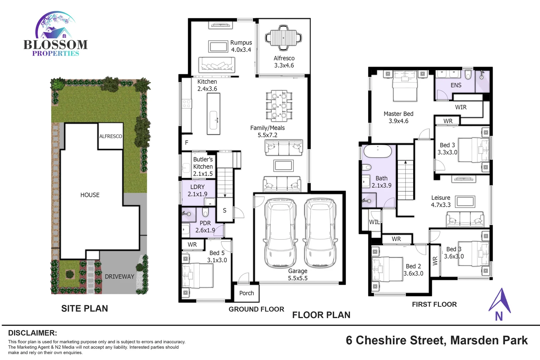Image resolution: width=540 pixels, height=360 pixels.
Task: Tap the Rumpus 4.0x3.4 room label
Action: pyautogui.click(x=241, y=46)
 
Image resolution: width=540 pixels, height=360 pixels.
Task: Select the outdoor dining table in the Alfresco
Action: pyautogui.click(x=283, y=37)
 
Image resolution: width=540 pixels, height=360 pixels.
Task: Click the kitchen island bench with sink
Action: pyautogui.click(x=213, y=114)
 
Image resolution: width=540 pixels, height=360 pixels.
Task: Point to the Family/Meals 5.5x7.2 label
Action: pyautogui.click(x=267, y=131)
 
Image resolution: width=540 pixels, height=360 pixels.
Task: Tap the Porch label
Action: pyautogui.click(x=246, y=293)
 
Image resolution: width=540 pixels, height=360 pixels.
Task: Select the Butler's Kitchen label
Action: pyautogui.click(x=203, y=166)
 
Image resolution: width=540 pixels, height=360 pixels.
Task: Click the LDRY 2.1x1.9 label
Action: pyautogui.click(x=197, y=190)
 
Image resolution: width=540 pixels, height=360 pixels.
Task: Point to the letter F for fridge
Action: pyautogui.click(x=187, y=143)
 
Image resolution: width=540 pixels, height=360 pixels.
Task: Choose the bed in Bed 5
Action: pyautogui.click(x=197, y=275)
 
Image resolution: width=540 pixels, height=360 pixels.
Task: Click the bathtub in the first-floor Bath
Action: pyautogui.click(x=377, y=151)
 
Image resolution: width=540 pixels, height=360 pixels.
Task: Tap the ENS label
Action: pyautogui.click(x=456, y=85)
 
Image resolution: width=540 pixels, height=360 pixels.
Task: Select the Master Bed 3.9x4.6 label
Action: pyautogui.click(x=398, y=117)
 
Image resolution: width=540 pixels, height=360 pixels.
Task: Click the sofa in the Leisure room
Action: pyautogui.click(x=465, y=219)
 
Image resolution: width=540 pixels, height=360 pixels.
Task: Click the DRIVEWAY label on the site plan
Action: pyautogui.click(x=119, y=277)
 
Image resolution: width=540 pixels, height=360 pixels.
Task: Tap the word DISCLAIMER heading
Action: pyautogui.click(x=32, y=333)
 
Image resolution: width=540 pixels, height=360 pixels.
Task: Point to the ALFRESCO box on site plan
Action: pyautogui.click(x=110, y=136)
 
